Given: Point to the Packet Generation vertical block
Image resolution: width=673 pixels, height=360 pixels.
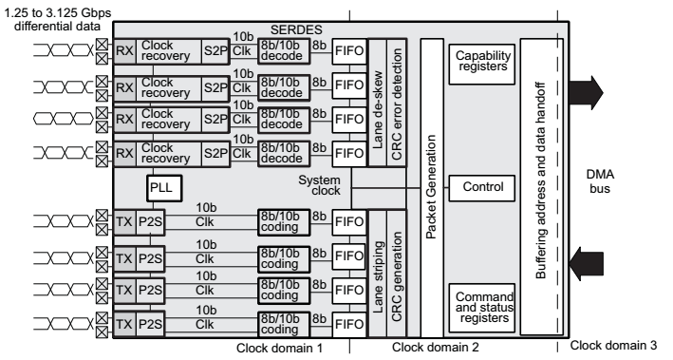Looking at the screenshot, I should point(431,188).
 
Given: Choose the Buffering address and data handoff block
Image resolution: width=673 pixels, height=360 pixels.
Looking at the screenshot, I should point(541,188).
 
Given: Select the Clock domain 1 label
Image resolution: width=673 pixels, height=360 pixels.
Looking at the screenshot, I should point(280,348).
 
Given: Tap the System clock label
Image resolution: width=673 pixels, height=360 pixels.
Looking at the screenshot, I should point(319,186).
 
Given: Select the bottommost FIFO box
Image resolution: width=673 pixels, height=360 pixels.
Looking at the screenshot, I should point(349,322).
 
